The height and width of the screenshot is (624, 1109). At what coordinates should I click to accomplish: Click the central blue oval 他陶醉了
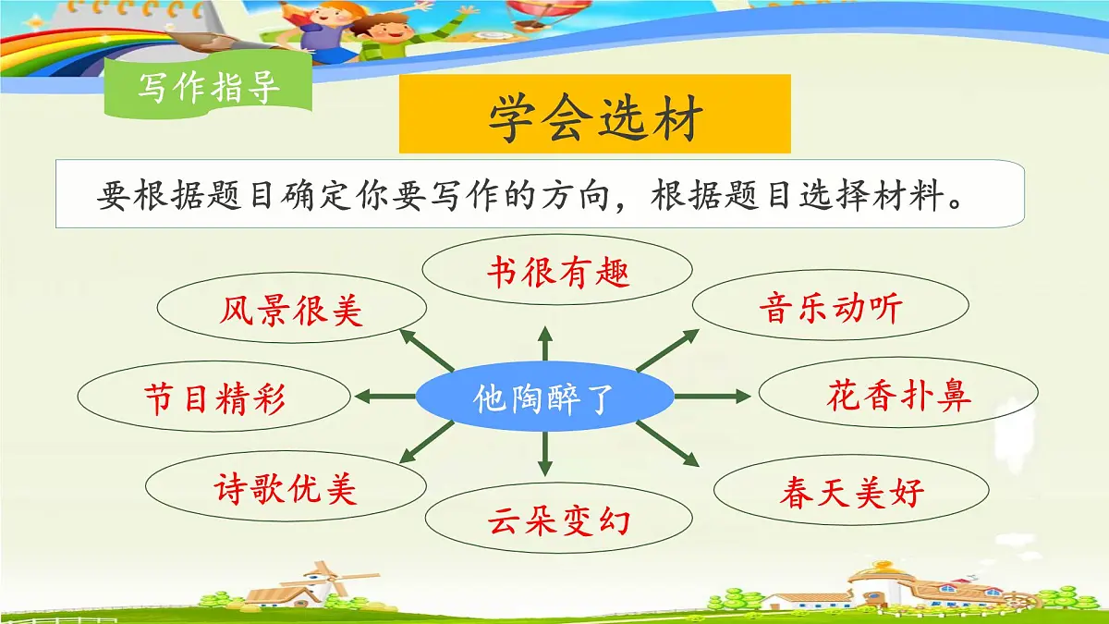tap(544, 398)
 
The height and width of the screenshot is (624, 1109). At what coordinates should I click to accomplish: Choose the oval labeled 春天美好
tap(851, 491)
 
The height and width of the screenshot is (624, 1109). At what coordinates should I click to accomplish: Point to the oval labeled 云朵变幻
tap(558, 520)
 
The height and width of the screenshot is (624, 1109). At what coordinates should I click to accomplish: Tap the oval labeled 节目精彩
tap(214, 398)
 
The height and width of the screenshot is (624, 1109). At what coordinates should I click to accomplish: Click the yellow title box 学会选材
tap(595, 115)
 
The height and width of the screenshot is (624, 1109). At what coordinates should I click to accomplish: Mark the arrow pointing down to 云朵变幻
tap(545, 456)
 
